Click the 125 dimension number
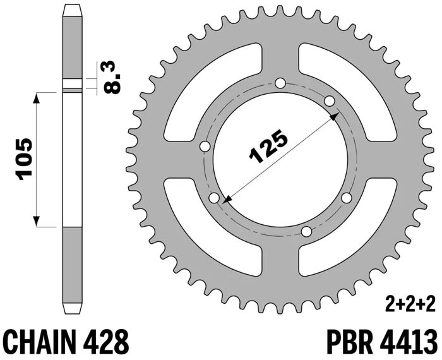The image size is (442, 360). tap(268, 147)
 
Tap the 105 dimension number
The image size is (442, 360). tap(24, 159)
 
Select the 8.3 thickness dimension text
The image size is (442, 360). tap(112, 76)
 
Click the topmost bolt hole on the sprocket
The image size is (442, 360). tap(280, 83)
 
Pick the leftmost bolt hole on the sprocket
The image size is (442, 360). tap(205, 147)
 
